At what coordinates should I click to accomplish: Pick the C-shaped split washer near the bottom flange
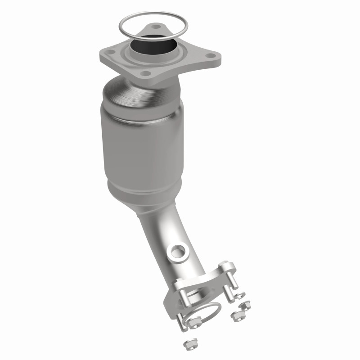239,295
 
